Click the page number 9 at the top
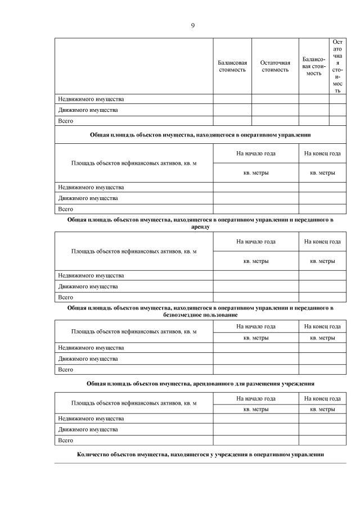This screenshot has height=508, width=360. point(192,25)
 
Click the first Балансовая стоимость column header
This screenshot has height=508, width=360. point(232,66)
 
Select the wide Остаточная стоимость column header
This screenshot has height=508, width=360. point(275,66)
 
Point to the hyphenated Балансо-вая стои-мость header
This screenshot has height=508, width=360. point(314,66)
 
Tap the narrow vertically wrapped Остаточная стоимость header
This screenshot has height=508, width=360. point(337,66)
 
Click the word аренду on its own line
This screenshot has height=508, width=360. point(200,227)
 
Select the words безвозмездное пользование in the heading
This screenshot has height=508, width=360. point(200,315)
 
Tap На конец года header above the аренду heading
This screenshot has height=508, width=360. point(322,153)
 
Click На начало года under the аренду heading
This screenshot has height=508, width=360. point(256,241)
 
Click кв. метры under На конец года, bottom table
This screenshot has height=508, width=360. point(322,409)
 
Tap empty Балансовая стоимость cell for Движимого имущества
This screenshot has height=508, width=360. point(232,110)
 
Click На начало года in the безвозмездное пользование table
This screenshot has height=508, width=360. point(256,326)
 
